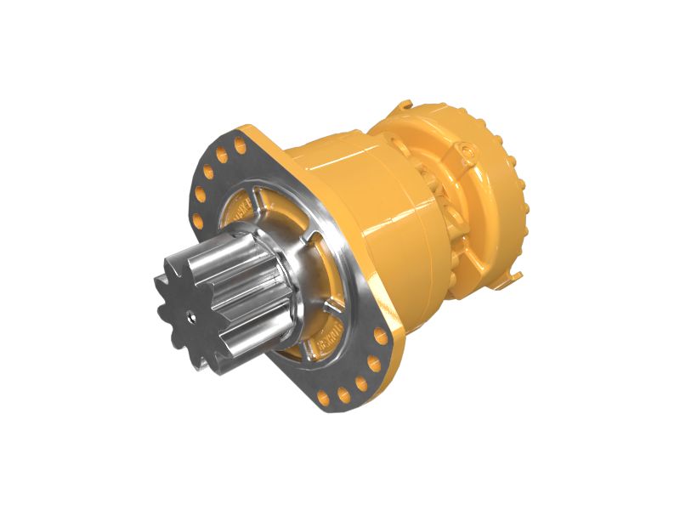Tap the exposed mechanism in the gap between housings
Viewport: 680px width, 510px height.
(438, 204)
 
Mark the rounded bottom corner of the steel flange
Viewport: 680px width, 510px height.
(331, 408)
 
